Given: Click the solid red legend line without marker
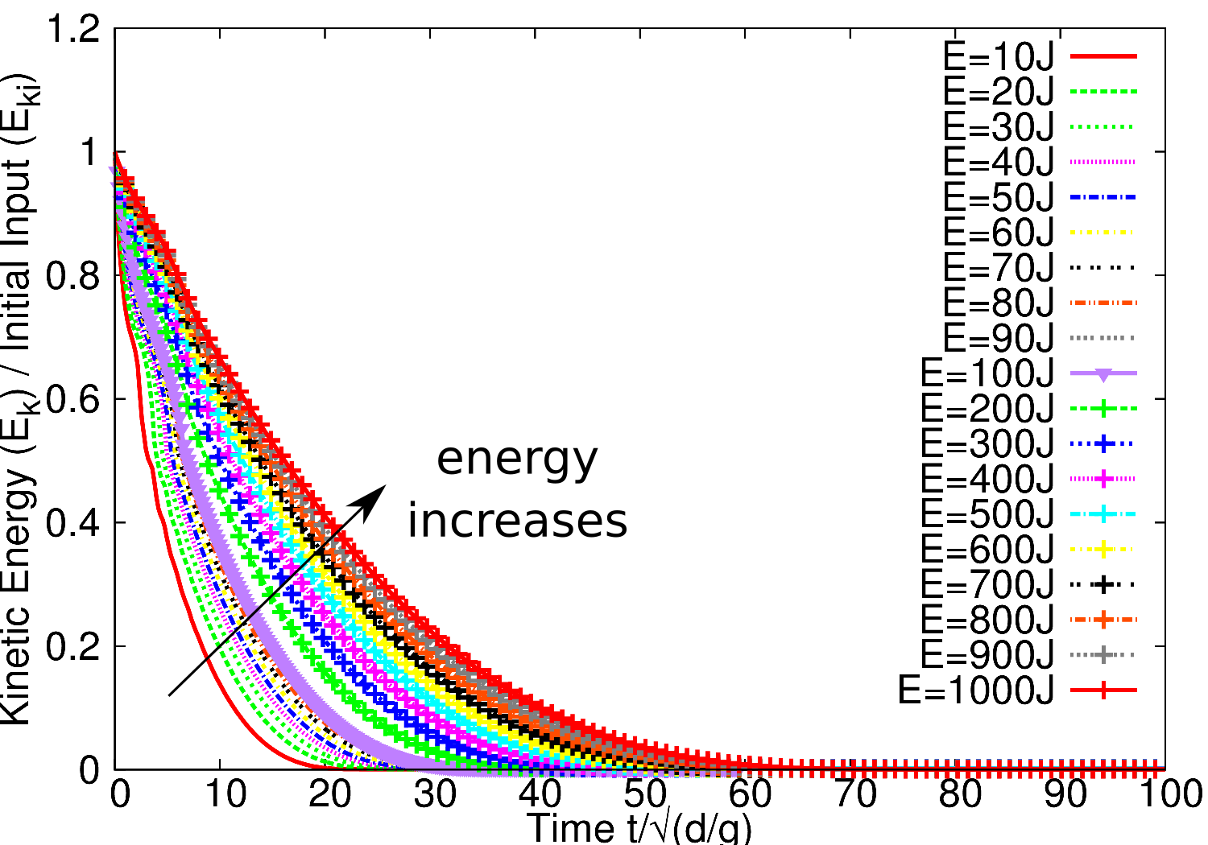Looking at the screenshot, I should click(1103, 56).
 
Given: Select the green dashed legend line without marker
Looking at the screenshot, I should click(1103, 92).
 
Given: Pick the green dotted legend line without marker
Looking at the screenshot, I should click(1103, 127).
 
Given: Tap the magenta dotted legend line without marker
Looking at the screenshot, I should click(1103, 162).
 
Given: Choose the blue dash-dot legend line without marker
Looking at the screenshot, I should click(1103, 197).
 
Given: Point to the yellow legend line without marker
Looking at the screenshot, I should click(1103, 233).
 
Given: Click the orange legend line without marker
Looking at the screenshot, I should click(1103, 303).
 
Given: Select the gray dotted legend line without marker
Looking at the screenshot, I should click(1103, 338).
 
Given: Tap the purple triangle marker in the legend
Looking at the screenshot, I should click(1103, 374).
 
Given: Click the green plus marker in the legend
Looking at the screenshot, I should click(1103, 408).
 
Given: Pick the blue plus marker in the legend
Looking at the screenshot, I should click(1103, 443).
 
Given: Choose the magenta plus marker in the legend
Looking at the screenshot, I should click(1103, 479).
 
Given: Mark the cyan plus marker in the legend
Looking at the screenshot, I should click(1103, 514).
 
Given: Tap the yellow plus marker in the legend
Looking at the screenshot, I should click(1103, 550).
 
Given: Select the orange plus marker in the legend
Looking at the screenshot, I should click(1103, 620).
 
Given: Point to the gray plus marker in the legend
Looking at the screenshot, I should click(1103, 655).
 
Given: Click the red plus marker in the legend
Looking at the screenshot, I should click(1103, 690).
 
